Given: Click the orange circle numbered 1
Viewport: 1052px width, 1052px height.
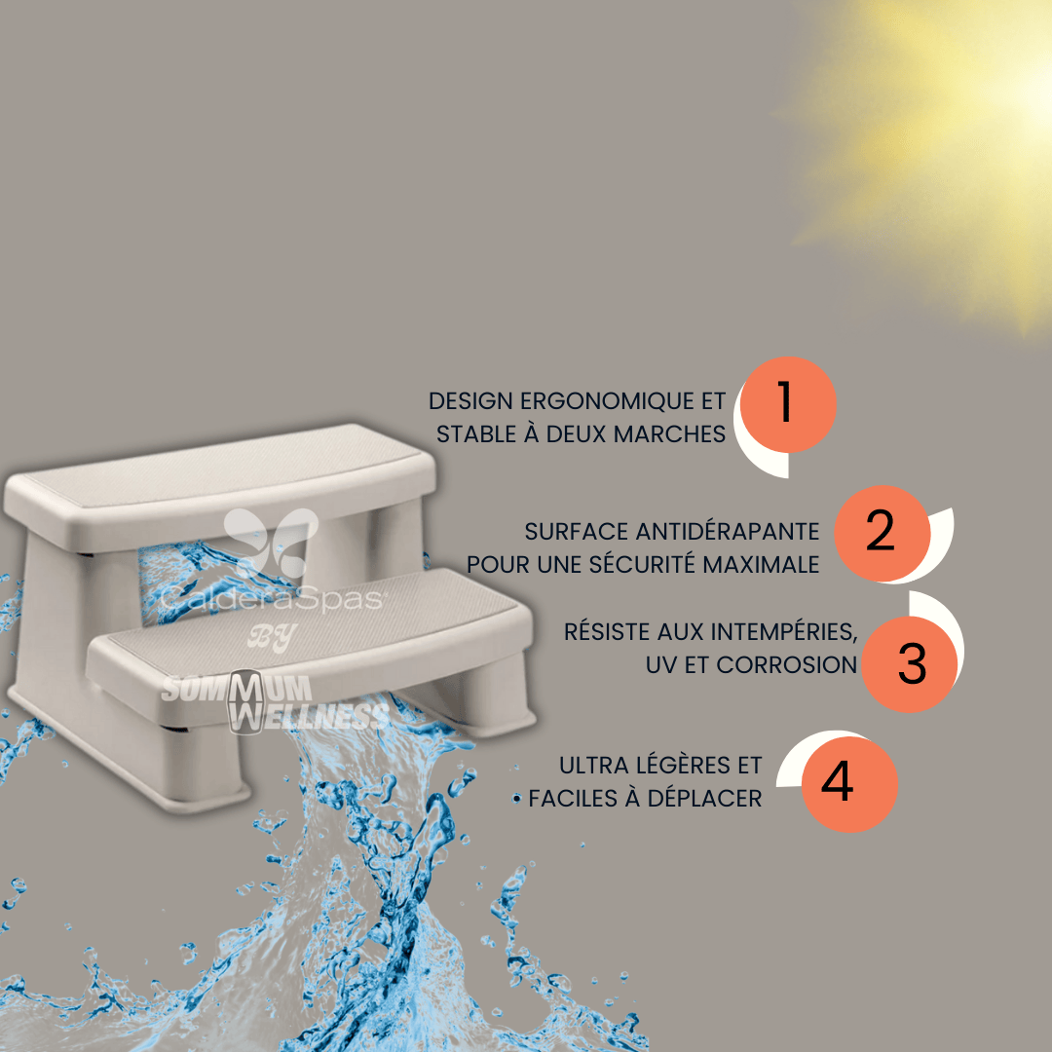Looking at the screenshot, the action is click(x=788, y=404).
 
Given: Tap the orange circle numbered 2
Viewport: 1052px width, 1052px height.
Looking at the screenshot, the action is click(x=883, y=534).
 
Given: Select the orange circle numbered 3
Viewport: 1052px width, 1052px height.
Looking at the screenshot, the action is click(x=909, y=664).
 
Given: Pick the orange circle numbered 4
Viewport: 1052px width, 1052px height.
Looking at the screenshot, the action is click(x=849, y=784).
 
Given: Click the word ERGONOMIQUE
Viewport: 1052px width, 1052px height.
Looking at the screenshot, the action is click(x=608, y=401).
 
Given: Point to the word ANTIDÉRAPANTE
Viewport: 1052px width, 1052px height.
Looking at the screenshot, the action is click(x=728, y=532).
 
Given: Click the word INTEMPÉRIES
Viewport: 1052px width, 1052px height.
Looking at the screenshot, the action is click(x=783, y=631).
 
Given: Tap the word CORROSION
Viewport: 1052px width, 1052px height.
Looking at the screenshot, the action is click(x=786, y=665).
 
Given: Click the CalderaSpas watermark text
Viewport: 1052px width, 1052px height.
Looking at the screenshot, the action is click(x=272, y=598).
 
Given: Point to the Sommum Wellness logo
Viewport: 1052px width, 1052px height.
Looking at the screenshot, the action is click(x=275, y=701).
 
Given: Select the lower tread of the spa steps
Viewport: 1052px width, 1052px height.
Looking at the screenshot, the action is click(x=310, y=641).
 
